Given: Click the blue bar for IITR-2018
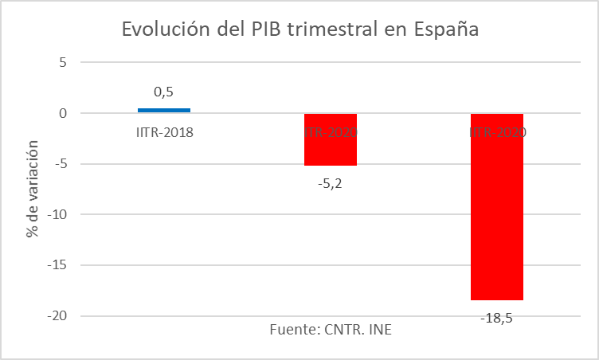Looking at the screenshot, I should [x=164, y=110].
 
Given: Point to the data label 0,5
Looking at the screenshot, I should [x=164, y=92].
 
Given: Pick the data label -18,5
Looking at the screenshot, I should [x=497, y=318].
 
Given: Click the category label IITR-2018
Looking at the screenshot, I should [x=164, y=132].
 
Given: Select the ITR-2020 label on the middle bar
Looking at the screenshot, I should [x=331, y=132].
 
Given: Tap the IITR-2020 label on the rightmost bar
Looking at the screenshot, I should [x=497, y=132].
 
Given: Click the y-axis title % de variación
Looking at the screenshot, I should [x=32, y=189].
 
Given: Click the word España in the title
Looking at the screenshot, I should [x=446, y=30].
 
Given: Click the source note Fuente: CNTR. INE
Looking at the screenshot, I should [x=331, y=331].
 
